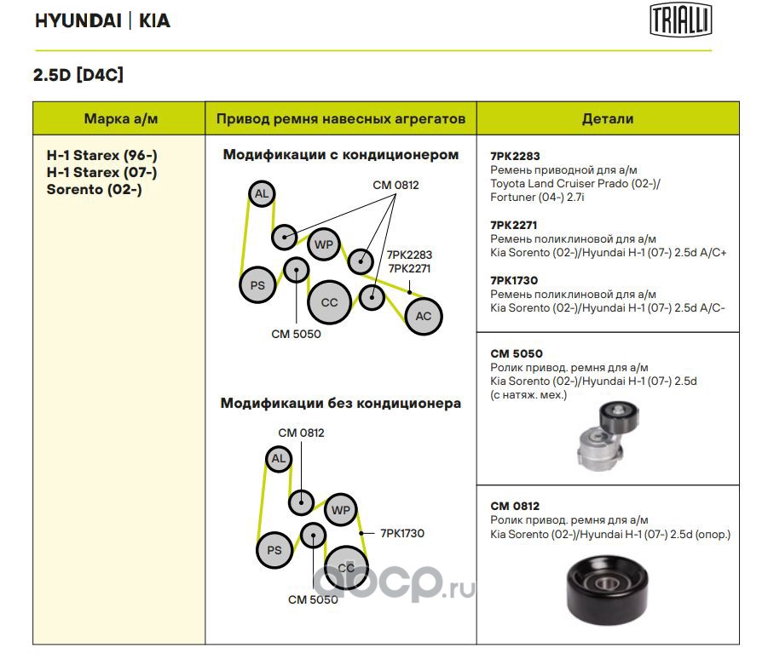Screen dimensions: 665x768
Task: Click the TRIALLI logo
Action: click(681, 20)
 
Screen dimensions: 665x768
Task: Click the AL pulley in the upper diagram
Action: click(262, 195)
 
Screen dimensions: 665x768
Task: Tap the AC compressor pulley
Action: click(423, 316)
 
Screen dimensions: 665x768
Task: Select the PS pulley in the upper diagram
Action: click(257, 285)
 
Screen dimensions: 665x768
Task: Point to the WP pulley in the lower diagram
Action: click(340, 510)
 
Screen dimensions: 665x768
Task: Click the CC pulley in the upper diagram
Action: click(329, 302)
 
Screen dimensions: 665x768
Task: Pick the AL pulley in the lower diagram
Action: click(278, 460)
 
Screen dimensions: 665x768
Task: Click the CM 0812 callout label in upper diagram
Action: click(396, 185)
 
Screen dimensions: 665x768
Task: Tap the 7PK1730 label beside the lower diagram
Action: click(402, 533)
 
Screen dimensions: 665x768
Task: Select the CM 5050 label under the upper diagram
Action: click(296, 334)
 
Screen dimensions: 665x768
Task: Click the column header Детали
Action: click(608, 119)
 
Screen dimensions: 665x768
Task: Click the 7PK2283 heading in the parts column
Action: click(516, 157)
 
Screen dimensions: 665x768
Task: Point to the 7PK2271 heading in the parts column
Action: click(516, 225)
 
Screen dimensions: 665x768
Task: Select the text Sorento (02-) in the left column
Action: click(94, 189)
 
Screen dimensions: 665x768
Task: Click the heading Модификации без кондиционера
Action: click(340, 403)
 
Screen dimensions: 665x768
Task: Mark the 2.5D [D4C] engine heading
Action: click(78, 75)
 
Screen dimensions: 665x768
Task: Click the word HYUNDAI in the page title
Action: click(78, 21)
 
